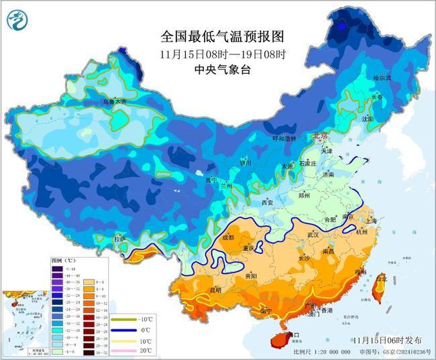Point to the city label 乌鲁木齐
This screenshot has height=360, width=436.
(114, 102)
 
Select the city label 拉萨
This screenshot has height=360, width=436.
(119, 238)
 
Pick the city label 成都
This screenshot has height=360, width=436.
(227, 237)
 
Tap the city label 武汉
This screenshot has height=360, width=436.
(313, 235)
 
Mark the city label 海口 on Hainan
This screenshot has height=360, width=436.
(290, 335)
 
